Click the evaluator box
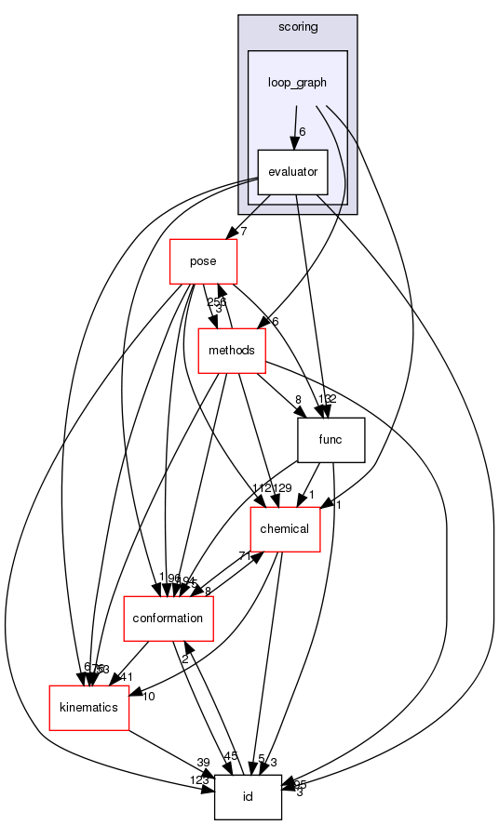pyautogui.click(x=292, y=172)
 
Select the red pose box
pyautogui.click(x=203, y=261)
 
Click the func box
pyautogui.click(x=330, y=440)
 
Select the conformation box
pyautogui.click(x=169, y=618)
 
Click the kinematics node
pyautogui.click(x=84, y=707)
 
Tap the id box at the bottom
pyautogui.click(x=248, y=797)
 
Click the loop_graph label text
pyautogui.click(x=298, y=82)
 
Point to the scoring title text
pyautogui.click(x=298, y=27)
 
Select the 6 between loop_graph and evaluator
pyautogui.click(x=303, y=132)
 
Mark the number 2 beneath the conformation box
pyautogui.click(x=185, y=659)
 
